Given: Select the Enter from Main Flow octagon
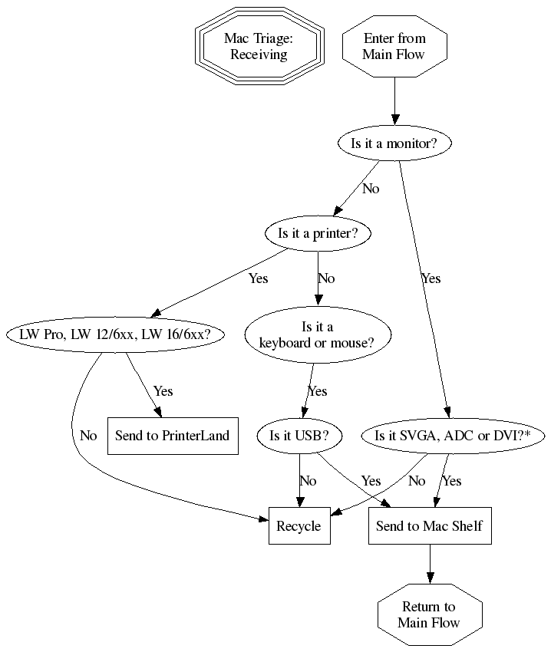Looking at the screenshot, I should (394, 47).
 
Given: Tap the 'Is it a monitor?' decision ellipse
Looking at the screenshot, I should (394, 143).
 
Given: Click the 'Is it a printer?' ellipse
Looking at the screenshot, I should (318, 234).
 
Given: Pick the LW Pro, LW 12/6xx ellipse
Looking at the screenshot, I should (114, 334).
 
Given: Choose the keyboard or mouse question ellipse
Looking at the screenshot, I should (318, 334).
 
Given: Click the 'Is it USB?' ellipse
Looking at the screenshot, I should (299, 436).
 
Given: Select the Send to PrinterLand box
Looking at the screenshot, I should (172, 436).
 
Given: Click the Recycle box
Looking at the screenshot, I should (299, 526).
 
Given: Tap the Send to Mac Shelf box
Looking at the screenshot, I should (429, 526).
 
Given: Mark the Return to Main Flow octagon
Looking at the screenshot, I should (429, 614).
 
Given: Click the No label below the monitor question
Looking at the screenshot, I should (371, 189).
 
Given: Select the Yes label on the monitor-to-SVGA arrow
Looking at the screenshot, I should (431, 278).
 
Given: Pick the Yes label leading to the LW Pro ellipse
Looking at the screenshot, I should (259, 278).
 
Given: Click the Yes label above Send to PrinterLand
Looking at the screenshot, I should (163, 391).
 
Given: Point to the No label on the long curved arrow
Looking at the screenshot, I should (88, 436).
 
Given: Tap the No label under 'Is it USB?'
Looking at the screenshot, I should (308, 481).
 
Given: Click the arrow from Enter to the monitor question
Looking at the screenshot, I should (394, 100).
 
